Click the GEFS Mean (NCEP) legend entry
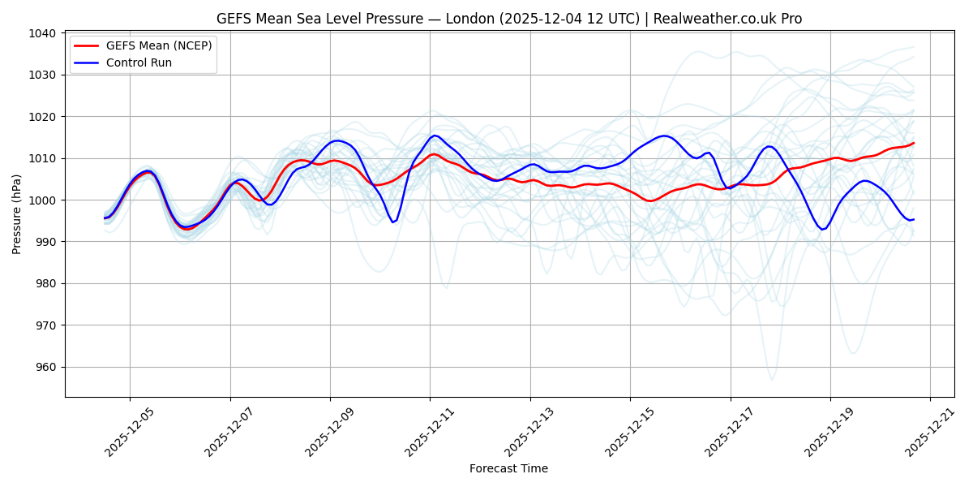(158, 45)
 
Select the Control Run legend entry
(139, 62)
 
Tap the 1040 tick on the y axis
(43, 33)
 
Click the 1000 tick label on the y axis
(43, 200)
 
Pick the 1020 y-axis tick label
(43, 117)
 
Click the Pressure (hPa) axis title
(17, 214)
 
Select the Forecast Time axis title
(508, 468)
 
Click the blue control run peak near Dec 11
(435, 136)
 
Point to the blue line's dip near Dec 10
(393, 222)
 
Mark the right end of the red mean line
(914, 143)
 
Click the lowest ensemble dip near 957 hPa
(772, 380)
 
